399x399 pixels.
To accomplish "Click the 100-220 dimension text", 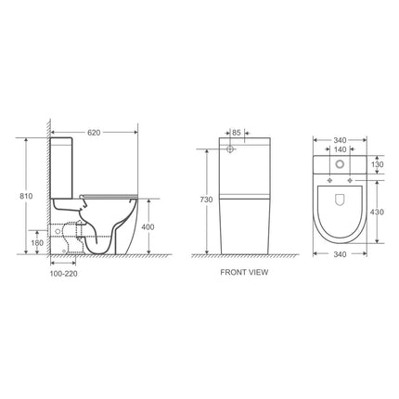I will point(64,274).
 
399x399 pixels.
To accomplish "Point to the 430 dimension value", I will point(376,212).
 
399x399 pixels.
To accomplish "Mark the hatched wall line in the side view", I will point(45,186).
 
